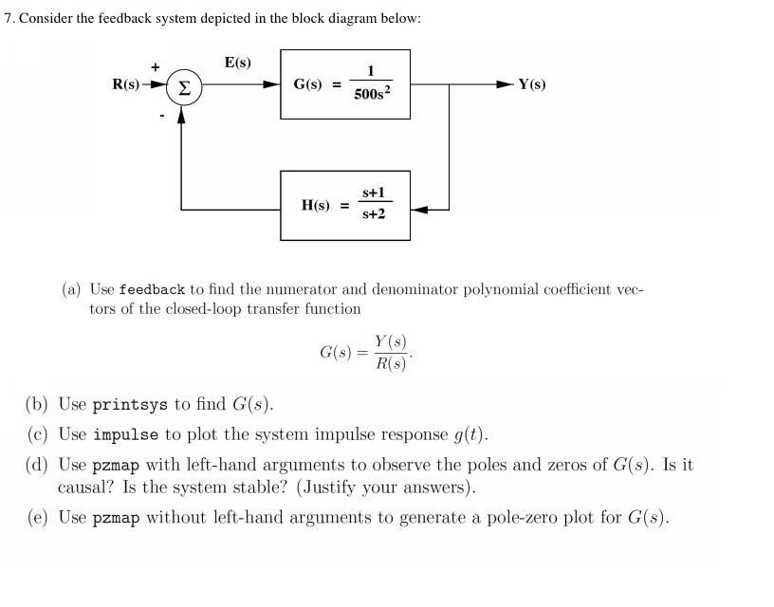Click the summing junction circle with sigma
(182, 85)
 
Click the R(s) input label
(126, 84)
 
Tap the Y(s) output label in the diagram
(531, 84)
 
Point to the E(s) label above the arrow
(238, 63)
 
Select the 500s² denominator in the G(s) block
(370, 95)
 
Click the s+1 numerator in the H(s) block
(374, 193)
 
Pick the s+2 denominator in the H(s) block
(374, 214)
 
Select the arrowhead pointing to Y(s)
(507, 84)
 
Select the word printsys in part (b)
(130, 405)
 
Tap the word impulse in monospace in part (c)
(126, 435)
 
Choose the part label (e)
(37, 518)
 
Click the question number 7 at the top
(9, 19)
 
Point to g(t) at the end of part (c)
(469, 435)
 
